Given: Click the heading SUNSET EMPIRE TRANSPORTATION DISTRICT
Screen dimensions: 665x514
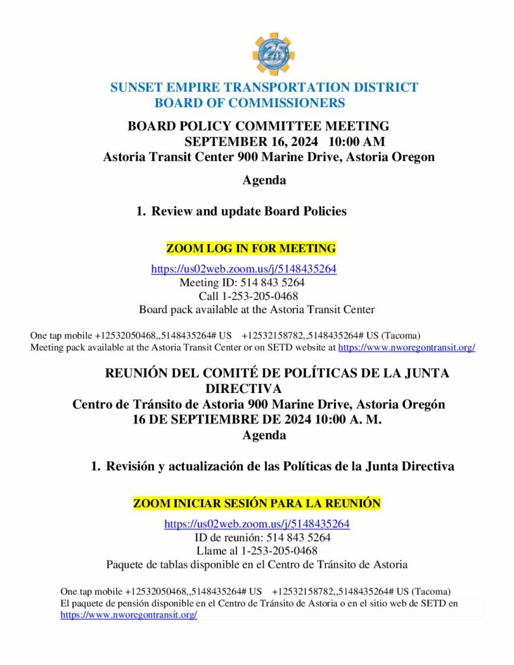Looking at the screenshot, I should coord(264,88).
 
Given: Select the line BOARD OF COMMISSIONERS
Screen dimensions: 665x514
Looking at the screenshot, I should coord(250,103).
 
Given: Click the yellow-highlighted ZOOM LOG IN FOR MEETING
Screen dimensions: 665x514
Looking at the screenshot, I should coord(251,248).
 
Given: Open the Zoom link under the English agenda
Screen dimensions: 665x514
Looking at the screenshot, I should coord(244,269).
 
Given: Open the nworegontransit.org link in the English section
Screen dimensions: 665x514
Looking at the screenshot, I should coord(407,347).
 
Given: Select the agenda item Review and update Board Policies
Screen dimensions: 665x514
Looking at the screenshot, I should coord(249,211).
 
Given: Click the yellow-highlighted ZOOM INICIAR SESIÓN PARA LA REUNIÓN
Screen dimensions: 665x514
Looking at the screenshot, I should coord(257,503).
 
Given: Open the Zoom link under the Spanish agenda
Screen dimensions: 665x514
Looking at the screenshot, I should coord(257,524).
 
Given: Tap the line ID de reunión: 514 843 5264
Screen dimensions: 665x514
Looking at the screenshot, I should coord(263,538).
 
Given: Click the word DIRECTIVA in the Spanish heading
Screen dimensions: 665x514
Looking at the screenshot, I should coord(243,388).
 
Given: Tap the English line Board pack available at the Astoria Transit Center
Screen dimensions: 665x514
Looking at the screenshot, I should coord(257,310).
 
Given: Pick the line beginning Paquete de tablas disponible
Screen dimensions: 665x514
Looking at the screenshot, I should coord(257,565).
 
